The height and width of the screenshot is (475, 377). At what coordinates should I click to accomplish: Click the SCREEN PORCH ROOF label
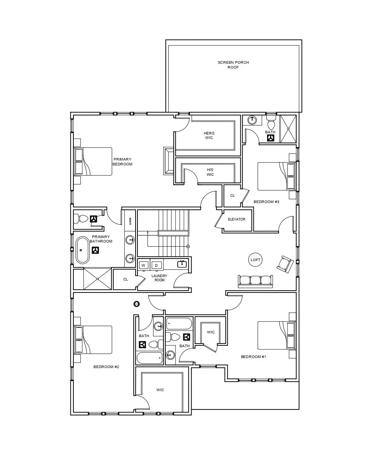(x=233, y=65)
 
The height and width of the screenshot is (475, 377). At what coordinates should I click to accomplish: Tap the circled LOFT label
(x=256, y=260)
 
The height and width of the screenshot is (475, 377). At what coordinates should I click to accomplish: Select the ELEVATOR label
(x=237, y=219)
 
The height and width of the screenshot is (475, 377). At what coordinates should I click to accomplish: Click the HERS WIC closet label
(x=209, y=135)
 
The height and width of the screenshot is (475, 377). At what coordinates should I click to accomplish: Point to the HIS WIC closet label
(x=210, y=172)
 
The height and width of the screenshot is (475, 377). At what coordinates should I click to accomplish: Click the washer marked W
(x=144, y=265)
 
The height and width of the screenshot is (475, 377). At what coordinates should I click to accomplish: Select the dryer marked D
(x=156, y=265)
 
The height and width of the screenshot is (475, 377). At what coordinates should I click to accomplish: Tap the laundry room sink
(x=182, y=264)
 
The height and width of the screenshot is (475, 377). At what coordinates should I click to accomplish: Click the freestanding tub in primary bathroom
(x=83, y=250)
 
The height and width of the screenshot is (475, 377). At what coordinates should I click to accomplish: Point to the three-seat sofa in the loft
(x=256, y=281)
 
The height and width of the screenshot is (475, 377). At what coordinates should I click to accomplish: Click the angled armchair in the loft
(x=285, y=264)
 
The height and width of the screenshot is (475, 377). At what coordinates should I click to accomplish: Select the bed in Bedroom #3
(x=276, y=176)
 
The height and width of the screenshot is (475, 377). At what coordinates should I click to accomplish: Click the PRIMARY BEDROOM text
(x=122, y=162)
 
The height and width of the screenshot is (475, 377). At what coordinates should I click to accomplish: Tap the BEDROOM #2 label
(x=106, y=367)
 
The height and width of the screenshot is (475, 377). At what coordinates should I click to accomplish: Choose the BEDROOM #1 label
(x=254, y=357)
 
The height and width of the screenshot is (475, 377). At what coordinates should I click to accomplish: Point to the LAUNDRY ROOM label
(x=159, y=278)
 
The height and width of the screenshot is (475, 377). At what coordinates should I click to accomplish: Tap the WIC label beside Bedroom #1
(x=211, y=332)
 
